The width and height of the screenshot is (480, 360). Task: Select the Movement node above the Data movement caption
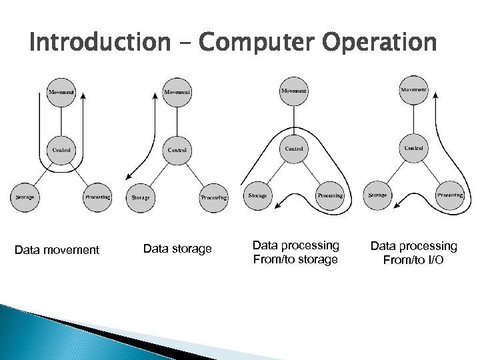pos(61,91)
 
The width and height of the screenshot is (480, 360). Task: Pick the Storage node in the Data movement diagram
pos(25,197)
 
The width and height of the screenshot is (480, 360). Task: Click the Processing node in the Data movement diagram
pos(97,197)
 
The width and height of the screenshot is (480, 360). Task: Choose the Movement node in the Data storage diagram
pos(177,91)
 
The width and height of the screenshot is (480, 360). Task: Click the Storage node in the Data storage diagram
pos(141,197)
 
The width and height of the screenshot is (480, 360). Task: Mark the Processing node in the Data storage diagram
pos(214,197)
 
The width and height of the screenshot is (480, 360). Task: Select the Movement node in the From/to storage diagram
pos(294,90)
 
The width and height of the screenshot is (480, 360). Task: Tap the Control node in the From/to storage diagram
pos(294,148)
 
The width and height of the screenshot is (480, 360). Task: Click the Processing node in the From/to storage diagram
pos(330,195)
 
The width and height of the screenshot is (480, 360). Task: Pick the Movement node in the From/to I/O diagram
pos(413,89)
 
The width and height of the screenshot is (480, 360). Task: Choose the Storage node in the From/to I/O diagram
pos(377,195)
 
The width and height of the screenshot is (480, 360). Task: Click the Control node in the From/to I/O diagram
pos(413,147)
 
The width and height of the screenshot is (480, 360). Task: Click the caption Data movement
pos(57,250)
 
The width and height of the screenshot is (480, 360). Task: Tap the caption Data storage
pos(177,249)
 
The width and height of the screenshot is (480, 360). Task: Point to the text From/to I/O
pos(413,259)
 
